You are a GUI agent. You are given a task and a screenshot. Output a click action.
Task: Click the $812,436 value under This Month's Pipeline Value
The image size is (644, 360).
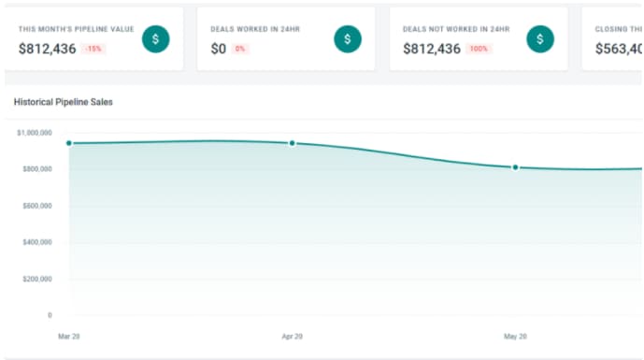pyautogui.click(x=47, y=49)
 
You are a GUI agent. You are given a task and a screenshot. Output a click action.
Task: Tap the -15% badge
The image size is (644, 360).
pyautogui.click(x=93, y=49)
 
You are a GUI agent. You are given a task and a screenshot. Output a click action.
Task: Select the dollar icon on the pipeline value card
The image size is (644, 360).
pyautogui.click(x=155, y=38)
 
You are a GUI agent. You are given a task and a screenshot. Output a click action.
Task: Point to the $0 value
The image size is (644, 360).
pyautogui.click(x=219, y=49)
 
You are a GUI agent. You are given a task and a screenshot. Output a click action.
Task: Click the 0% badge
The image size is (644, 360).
pyautogui.click(x=241, y=49)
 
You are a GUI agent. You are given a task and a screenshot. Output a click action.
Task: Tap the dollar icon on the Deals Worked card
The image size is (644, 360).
pyautogui.click(x=348, y=38)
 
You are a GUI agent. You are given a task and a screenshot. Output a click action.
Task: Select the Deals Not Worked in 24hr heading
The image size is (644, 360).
pyautogui.click(x=456, y=29)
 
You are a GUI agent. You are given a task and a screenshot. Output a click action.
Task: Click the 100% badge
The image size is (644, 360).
pyautogui.click(x=478, y=49)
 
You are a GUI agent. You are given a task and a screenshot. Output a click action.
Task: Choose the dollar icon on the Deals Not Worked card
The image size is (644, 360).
pyautogui.click(x=540, y=38)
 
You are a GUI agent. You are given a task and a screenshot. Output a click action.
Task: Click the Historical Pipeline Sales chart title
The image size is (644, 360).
pyautogui.click(x=63, y=101)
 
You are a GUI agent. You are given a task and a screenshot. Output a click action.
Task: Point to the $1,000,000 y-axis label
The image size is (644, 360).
pyautogui.click(x=34, y=133)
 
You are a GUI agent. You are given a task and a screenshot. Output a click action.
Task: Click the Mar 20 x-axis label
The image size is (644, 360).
pyautogui.click(x=68, y=335)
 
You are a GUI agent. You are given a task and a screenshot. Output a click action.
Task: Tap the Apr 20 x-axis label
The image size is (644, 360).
pyautogui.click(x=292, y=335)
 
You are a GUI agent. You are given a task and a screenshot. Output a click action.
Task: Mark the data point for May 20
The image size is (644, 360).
pyautogui.click(x=515, y=167)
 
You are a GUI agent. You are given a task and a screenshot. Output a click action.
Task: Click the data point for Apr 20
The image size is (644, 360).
pyautogui.click(x=293, y=143)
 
